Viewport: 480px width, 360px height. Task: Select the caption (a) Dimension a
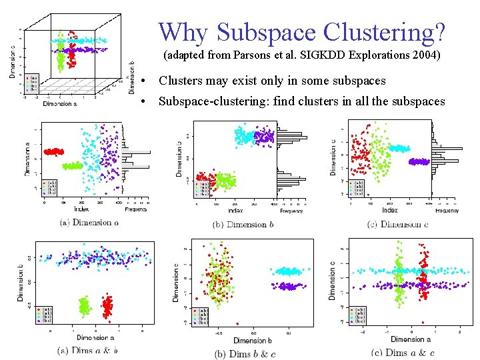coord(89,222)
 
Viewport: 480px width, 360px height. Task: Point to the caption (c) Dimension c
coord(397,224)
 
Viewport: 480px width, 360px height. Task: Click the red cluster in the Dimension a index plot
coord(53,152)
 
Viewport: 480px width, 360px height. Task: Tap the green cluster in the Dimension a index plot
coord(71,166)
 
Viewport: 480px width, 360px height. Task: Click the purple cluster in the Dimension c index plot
coord(419,161)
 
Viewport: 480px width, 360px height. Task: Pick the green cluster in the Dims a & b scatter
coord(84,306)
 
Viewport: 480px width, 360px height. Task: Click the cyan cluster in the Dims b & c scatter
coord(288,271)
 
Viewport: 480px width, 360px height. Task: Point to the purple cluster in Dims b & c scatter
coord(288,286)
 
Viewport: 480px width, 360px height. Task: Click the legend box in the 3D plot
coord(33,84)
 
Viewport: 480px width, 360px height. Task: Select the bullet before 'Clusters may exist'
coord(144,81)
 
